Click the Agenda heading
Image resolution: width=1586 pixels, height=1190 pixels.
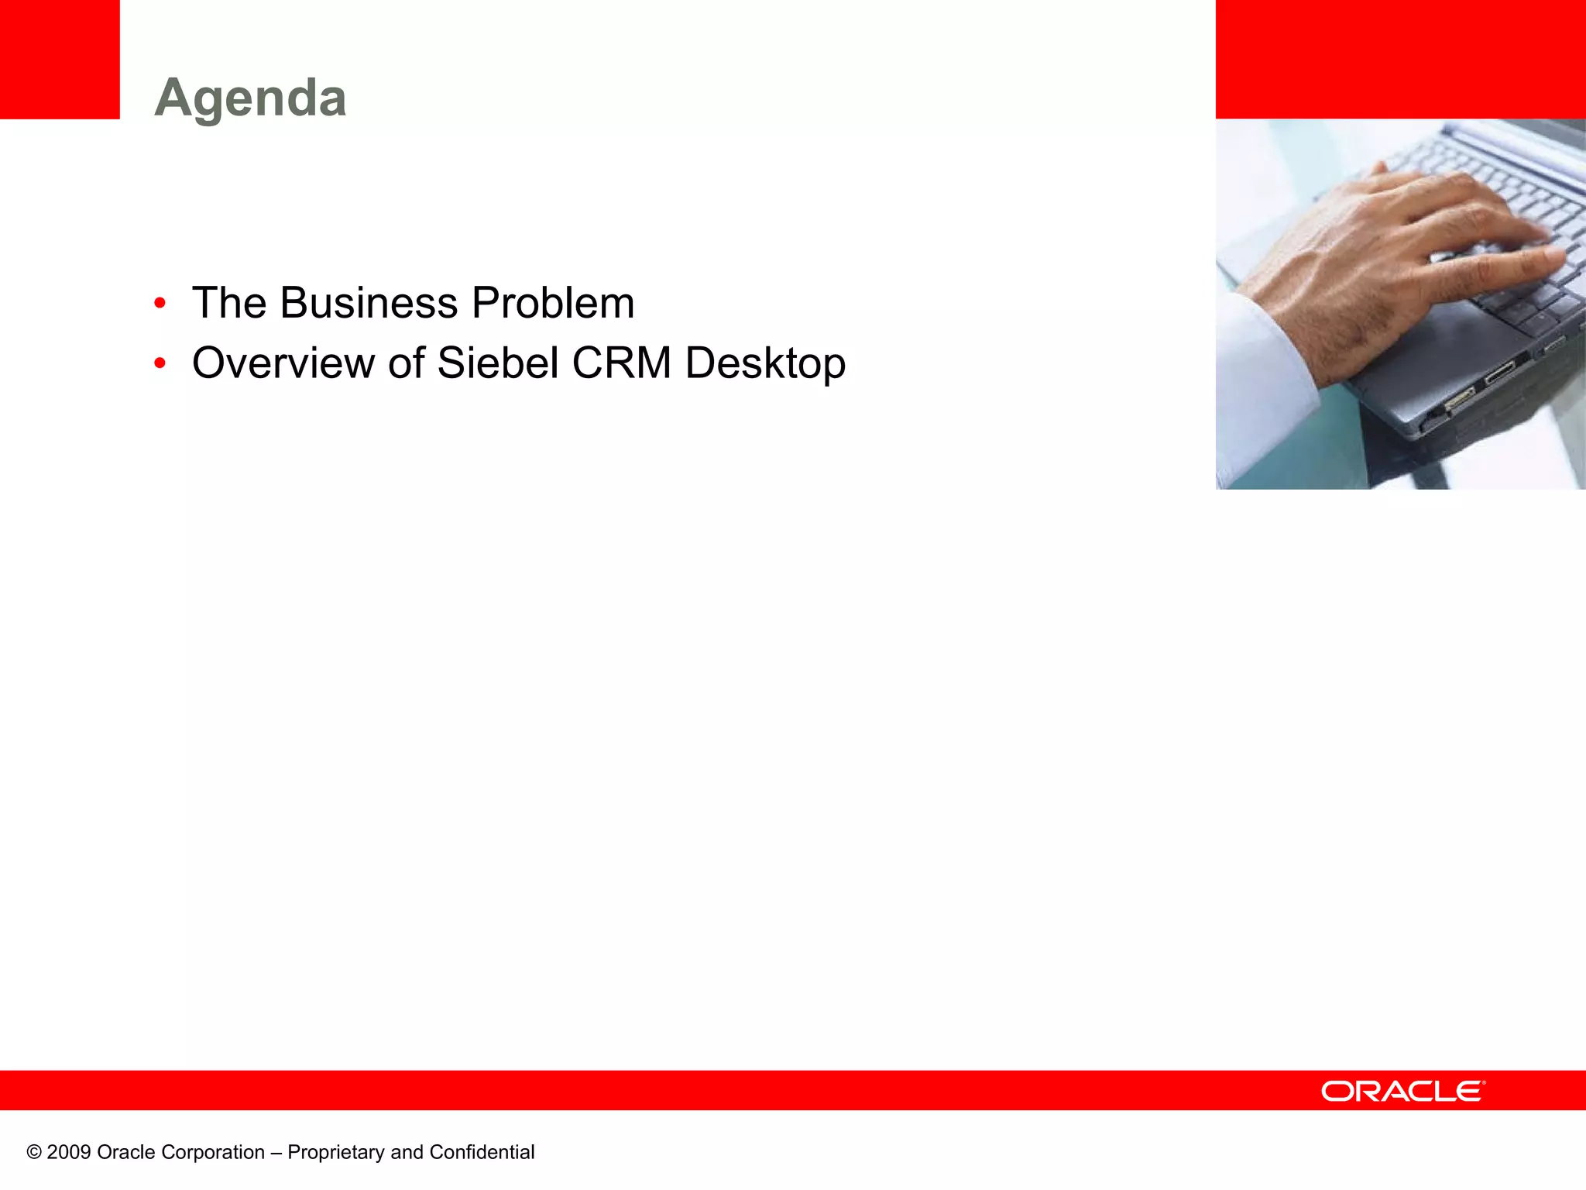pyautogui.click(x=250, y=98)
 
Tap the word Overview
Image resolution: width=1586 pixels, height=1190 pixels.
pyautogui.click(x=283, y=363)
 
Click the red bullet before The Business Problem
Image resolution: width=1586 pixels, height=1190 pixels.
pyautogui.click(x=160, y=303)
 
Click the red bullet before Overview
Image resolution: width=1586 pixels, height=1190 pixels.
pyautogui.click(x=160, y=363)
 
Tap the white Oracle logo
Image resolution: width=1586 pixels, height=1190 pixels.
pyautogui.click(x=1402, y=1092)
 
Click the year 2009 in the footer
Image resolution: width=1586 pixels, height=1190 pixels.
pyautogui.click(x=69, y=1152)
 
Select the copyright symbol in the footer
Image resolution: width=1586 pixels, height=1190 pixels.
pyautogui.click(x=34, y=1152)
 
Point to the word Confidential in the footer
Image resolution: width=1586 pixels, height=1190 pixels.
pyautogui.click(x=482, y=1152)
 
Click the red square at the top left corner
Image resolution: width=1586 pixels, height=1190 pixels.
pyautogui.click(x=60, y=59)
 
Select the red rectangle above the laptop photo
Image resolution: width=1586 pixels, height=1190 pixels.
pyautogui.click(x=1400, y=59)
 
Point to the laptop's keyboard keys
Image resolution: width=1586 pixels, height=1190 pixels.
pyautogui.click(x=1518, y=194)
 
